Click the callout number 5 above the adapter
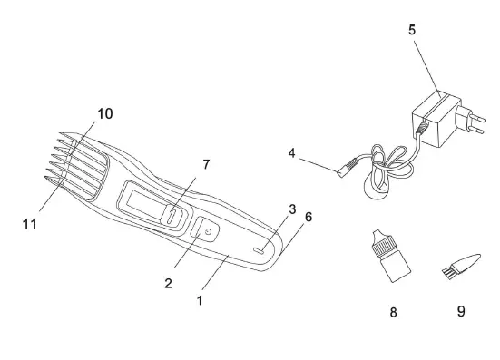point(412,30)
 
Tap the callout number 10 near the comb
point(105,113)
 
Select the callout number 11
point(30,224)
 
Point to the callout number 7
point(206,164)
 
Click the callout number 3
point(292,209)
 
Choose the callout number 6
point(309,217)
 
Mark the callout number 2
point(168,283)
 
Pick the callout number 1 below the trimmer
point(200,300)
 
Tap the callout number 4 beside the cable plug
point(292,153)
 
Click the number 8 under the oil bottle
point(394,312)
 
